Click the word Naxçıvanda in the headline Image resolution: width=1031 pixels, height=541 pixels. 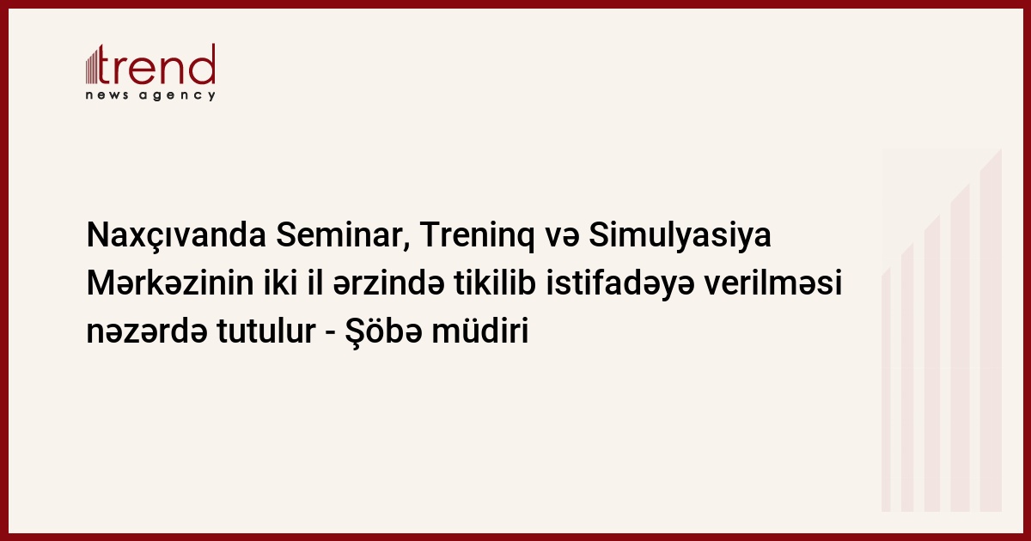pyautogui.click(x=176, y=235)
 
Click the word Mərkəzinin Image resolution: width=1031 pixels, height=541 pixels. pyautogui.click(x=170, y=283)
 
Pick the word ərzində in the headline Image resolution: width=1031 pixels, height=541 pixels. pyautogui.click(x=389, y=283)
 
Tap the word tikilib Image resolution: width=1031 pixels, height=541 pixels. pyautogui.click(x=495, y=283)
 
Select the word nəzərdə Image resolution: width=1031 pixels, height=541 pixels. pyautogui.click(x=146, y=331)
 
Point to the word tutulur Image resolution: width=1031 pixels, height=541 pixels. pyautogui.click(x=266, y=331)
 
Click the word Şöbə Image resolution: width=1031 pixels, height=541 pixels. pyautogui.click(x=383, y=332)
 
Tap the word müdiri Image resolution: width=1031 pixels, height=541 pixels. pyautogui.click(x=480, y=331)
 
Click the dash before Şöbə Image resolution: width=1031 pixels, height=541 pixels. pyautogui.click(x=330, y=333)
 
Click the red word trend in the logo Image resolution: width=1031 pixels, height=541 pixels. pyautogui.click(x=156, y=64)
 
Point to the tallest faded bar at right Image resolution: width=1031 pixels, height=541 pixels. pyautogui.click(x=991, y=331)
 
